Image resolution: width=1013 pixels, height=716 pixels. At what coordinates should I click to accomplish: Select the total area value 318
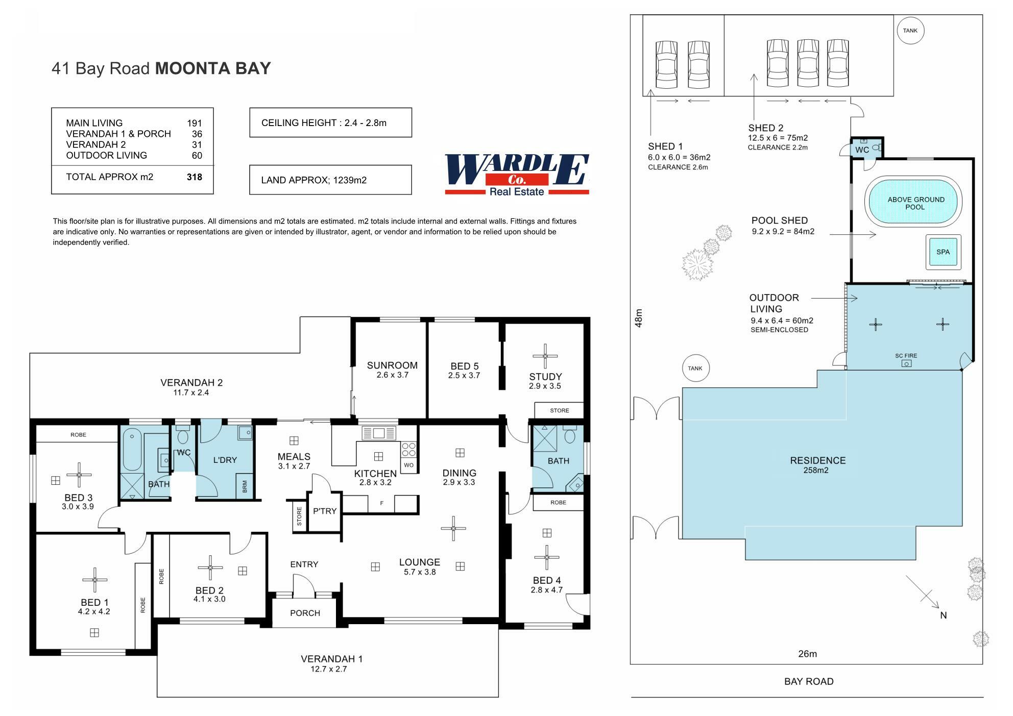[x=195, y=177]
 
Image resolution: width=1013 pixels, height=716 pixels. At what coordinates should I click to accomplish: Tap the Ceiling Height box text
[x=324, y=123]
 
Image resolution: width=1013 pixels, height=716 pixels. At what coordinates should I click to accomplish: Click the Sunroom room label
[x=392, y=365]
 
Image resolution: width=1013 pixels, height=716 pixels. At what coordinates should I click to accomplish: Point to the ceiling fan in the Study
[x=545, y=356]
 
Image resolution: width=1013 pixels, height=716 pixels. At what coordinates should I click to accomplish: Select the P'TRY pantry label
[x=325, y=511]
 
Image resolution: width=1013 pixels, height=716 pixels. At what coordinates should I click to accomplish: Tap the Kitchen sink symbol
[x=378, y=433]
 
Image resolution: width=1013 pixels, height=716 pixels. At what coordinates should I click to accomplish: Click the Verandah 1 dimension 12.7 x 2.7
[x=329, y=669]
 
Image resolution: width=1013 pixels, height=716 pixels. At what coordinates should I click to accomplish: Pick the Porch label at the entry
[x=305, y=613]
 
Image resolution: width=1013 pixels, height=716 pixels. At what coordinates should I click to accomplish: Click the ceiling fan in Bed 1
[x=94, y=580]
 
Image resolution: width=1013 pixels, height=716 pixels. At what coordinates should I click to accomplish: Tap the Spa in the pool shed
[x=943, y=252]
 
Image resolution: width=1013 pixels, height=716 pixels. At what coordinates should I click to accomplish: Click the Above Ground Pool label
[x=915, y=203]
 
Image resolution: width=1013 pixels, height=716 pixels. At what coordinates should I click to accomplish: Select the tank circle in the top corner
[x=910, y=31]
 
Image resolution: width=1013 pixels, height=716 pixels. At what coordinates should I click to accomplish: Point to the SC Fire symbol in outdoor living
[x=906, y=363]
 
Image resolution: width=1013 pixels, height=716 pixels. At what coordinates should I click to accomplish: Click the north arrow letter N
[x=943, y=615]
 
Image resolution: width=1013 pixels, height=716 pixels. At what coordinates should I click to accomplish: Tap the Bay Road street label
[x=809, y=681]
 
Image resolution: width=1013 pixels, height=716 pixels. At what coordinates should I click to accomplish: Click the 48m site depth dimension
[x=639, y=318]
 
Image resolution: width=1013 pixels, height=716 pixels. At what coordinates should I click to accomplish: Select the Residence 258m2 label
[x=818, y=464]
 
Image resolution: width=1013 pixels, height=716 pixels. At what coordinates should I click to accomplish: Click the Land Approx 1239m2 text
[x=313, y=180]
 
